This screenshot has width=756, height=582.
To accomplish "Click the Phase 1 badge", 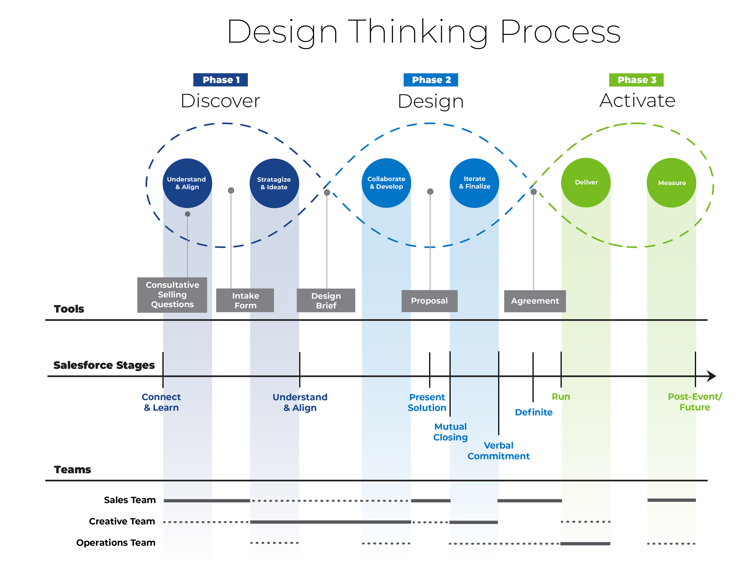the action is (220, 80).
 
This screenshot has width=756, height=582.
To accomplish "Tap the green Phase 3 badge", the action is (636, 80).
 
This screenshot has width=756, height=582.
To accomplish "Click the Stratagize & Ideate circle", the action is (274, 183).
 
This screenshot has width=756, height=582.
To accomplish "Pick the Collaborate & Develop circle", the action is (386, 183).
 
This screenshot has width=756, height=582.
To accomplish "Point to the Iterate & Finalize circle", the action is (474, 183).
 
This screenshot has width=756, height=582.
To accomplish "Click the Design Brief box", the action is (326, 300).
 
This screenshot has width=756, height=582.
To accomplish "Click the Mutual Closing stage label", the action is (450, 432).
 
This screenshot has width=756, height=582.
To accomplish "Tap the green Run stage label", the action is (561, 397).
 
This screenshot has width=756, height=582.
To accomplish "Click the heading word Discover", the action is (220, 101).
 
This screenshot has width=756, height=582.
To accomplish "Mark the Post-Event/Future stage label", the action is (695, 402).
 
